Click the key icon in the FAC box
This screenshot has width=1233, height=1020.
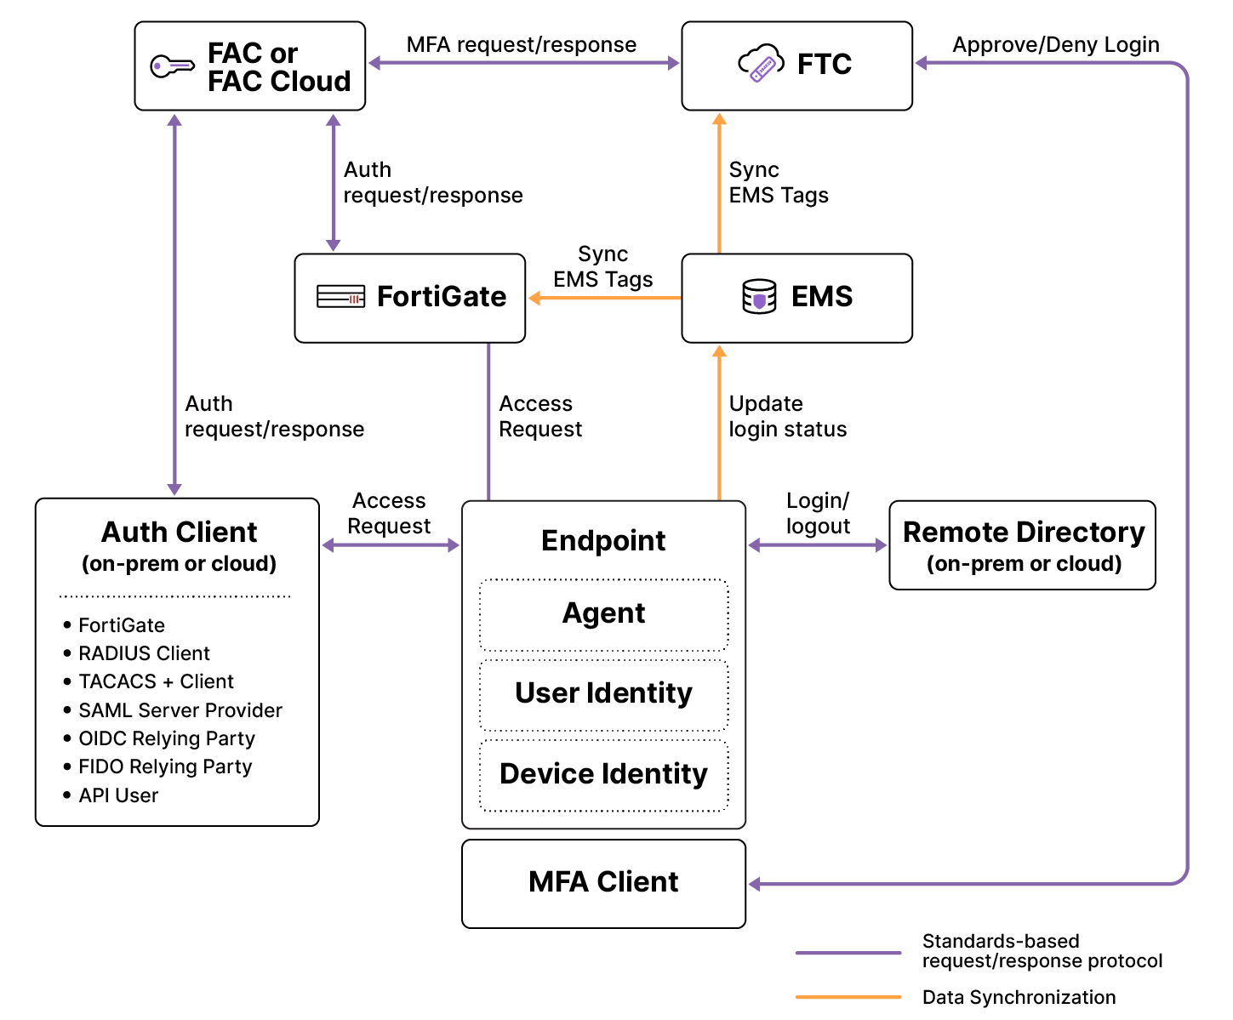(x=172, y=66)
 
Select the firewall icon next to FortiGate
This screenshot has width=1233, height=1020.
(x=340, y=297)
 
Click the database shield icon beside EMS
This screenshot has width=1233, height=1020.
(x=759, y=297)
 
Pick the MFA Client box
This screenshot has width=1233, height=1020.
(x=603, y=883)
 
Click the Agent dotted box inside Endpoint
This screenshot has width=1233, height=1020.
(x=603, y=614)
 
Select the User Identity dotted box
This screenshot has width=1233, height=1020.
(x=603, y=694)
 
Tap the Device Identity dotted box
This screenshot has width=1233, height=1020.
(x=603, y=775)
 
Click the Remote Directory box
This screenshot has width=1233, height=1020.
(x=1022, y=545)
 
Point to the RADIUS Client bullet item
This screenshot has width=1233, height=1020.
(x=144, y=653)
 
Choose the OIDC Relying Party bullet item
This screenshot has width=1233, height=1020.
(x=167, y=738)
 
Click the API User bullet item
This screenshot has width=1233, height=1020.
(x=118, y=795)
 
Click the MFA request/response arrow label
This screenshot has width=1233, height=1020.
(x=521, y=44)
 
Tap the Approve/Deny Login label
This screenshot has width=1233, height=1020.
(x=1055, y=44)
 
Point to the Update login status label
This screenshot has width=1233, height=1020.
(x=787, y=416)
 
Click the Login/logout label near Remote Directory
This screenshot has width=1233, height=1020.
(x=818, y=513)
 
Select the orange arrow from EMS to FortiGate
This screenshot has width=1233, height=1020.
(x=604, y=298)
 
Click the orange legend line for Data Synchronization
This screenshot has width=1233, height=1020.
(x=848, y=997)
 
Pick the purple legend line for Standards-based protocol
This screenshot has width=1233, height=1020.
(x=848, y=953)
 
